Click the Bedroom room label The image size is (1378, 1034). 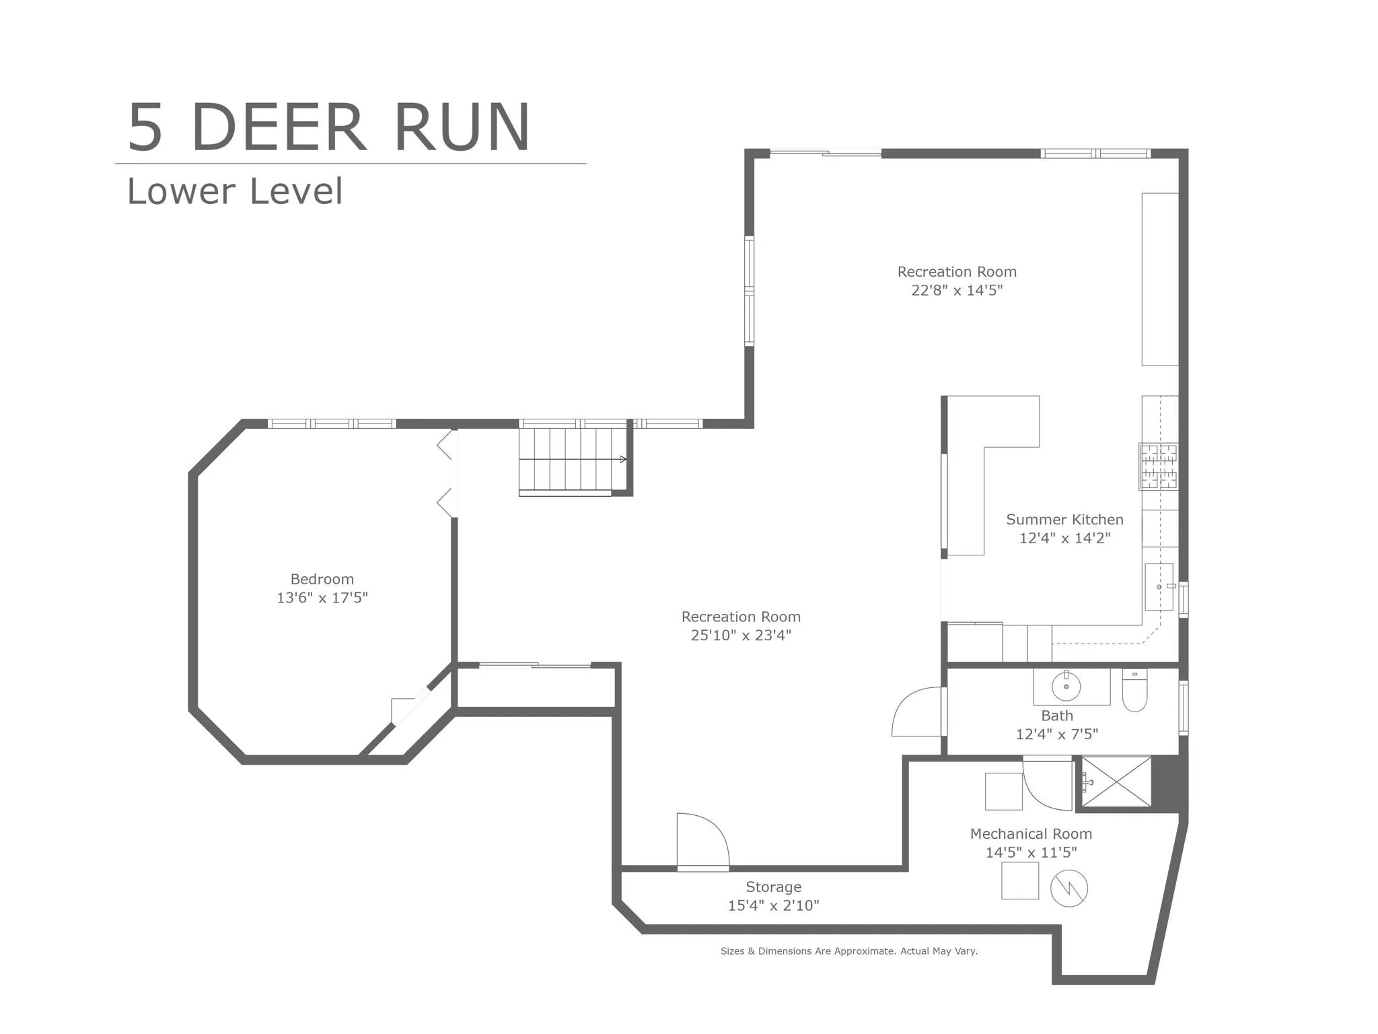point(322,579)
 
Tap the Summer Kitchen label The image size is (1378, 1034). point(1064,520)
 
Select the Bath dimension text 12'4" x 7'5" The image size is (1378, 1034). point(1056,734)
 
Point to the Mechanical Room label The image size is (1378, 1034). point(1031,834)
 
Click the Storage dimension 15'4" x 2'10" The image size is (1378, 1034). point(773,906)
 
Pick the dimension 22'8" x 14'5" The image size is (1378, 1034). point(957,290)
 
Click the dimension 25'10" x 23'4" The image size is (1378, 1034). point(741,635)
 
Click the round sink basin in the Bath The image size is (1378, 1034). point(1066,687)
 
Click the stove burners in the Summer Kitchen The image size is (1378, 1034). point(1158,466)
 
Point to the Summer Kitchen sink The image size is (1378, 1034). point(1159,587)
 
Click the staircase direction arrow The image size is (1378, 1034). point(622,460)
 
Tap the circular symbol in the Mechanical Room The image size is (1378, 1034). point(1069,888)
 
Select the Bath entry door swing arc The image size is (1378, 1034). point(916,712)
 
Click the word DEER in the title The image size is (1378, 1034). point(279,128)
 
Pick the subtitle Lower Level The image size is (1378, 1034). point(235,191)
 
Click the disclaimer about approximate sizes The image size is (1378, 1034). point(848,951)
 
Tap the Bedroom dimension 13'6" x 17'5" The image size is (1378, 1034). point(322,598)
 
